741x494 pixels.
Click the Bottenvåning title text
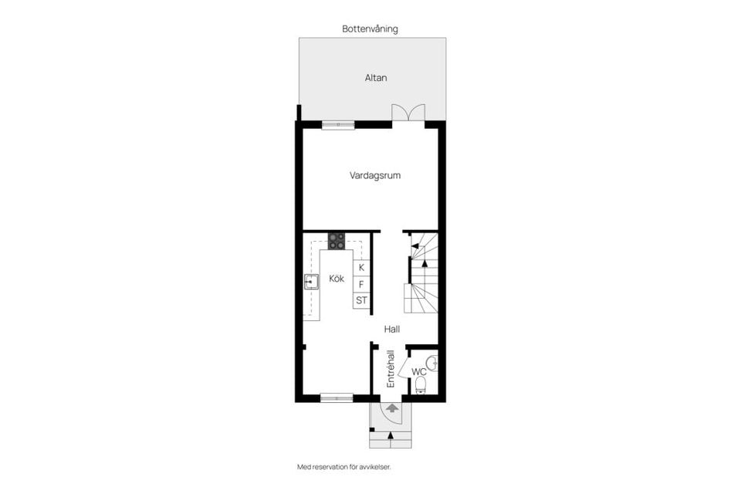point(370,29)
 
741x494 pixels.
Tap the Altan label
point(376,78)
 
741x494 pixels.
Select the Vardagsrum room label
point(374,175)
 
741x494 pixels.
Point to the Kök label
point(337,279)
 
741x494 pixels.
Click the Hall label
point(392,329)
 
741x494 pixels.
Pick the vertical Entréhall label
point(391,369)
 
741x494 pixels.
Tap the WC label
point(418,371)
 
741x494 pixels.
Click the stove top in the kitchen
point(337,241)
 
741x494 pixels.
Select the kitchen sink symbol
point(312,282)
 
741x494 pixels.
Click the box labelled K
point(361,267)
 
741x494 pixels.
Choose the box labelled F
point(361,284)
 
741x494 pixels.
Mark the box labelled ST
point(361,300)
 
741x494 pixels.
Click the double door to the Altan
point(408,113)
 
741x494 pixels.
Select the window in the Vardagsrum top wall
point(338,123)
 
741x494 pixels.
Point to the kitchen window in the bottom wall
point(337,398)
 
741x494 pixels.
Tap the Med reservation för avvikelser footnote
point(350,466)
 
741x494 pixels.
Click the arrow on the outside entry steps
point(391,438)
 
